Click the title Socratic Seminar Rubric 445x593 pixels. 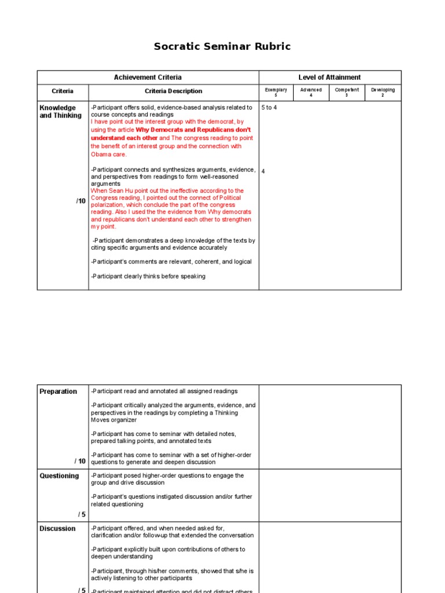(222, 46)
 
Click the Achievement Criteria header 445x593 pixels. (148, 78)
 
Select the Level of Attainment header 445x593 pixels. (329, 78)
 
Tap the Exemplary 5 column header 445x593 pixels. (276, 92)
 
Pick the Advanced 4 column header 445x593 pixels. (311, 92)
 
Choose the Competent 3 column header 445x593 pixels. (347, 92)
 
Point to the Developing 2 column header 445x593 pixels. (383, 92)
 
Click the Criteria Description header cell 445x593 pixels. (173, 91)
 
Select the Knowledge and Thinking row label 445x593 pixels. (60, 112)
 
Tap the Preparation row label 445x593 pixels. (58, 391)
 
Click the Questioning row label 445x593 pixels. (59, 476)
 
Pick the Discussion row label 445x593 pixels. (57, 529)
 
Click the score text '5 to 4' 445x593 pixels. (269, 108)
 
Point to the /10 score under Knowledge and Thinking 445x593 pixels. (81, 201)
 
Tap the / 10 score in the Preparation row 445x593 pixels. (80, 461)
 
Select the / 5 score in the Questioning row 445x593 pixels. (82, 514)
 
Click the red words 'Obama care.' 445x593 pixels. (108, 155)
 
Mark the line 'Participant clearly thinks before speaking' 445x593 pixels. (148, 276)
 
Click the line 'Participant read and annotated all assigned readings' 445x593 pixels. (164, 391)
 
